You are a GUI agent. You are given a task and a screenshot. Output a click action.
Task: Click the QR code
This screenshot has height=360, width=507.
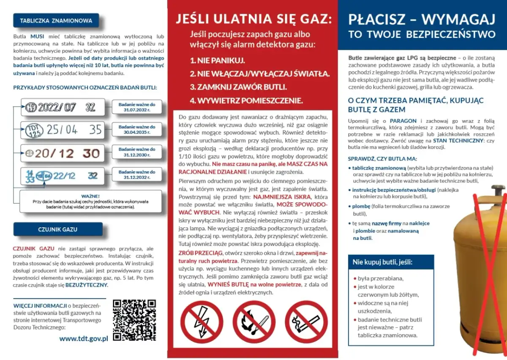134,320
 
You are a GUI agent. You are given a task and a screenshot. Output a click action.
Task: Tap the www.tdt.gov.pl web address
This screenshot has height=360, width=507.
84,338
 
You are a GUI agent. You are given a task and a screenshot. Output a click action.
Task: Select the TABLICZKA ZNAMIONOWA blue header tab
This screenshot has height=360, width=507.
56,20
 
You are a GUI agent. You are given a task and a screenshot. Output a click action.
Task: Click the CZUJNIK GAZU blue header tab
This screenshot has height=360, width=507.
57,229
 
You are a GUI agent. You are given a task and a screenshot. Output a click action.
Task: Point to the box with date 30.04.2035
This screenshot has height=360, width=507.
136,130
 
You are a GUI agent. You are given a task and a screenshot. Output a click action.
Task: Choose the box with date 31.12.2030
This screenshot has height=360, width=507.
136,153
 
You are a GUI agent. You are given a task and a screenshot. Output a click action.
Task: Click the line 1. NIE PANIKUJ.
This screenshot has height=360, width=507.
217,60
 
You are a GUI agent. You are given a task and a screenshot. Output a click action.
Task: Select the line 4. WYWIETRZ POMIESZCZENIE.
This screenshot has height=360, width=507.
246,101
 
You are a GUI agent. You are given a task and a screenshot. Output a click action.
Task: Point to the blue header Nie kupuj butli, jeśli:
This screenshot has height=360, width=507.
382,262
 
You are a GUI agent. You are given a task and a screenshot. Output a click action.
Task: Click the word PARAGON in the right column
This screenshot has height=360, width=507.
403,121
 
